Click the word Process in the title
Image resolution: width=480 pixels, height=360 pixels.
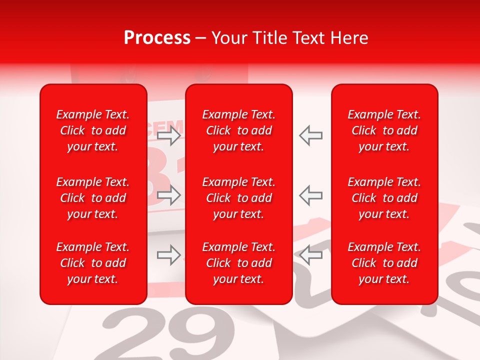pyautogui.click(x=157, y=38)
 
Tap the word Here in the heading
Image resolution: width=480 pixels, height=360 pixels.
pyautogui.click(x=349, y=38)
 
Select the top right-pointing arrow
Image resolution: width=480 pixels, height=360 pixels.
pyautogui.click(x=169, y=135)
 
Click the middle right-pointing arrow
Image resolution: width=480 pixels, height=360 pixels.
pyautogui.click(x=169, y=195)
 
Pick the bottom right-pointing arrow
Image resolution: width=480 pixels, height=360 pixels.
pyautogui.click(x=169, y=255)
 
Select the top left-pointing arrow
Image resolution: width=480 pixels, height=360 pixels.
pyautogui.click(x=311, y=135)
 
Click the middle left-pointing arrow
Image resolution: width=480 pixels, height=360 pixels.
pyautogui.click(x=311, y=195)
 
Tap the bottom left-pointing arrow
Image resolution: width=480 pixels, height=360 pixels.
pyautogui.click(x=311, y=255)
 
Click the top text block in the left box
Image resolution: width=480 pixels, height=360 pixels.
pyautogui.click(x=93, y=130)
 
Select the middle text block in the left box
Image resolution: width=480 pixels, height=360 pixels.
pyautogui.click(x=93, y=198)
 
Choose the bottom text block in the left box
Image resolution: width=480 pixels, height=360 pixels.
pyautogui.click(x=93, y=263)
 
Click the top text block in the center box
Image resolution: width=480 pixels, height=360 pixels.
pyautogui.click(x=239, y=130)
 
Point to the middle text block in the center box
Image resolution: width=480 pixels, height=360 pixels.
pyautogui.click(x=239, y=198)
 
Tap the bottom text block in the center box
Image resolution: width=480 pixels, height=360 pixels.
pyautogui.click(x=239, y=263)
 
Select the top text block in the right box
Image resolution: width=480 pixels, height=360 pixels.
pyautogui.click(x=384, y=130)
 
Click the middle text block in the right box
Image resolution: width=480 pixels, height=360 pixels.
pyautogui.click(x=384, y=198)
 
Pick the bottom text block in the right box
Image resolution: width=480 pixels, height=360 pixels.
pyautogui.click(x=384, y=263)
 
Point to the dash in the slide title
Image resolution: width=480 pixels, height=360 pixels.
pyautogui.click(x=201, y=38)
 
